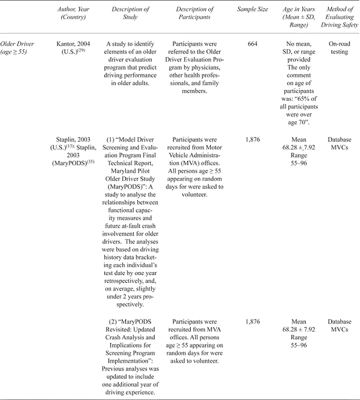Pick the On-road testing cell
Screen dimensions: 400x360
340,48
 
